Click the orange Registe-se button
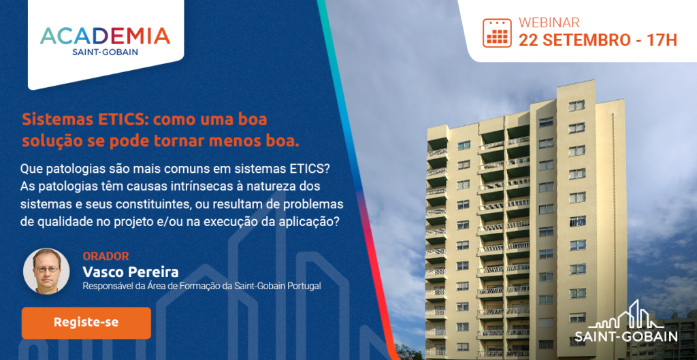click(x=86, y=323)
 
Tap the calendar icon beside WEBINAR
click(x=497, y=33)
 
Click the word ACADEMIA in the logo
click(x=105, y=37)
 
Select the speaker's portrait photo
click(x=46, y=271)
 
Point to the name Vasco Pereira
click(x=131, y=272)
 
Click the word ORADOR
click(x=106, y=256)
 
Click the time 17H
click(x=662, y=39)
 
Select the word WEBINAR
click(x=549, y=22)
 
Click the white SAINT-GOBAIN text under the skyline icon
click(x=626, y=336)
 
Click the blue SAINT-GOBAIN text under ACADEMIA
click(x=105, y=52)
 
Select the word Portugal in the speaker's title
click(x=306, y=287)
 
